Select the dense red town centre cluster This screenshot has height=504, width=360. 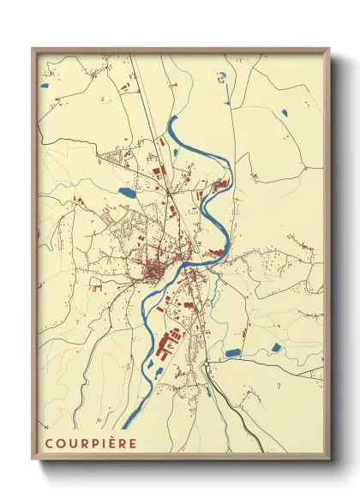[154, 273]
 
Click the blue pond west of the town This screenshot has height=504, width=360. [127, 192]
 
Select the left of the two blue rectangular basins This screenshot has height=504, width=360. [233, 352]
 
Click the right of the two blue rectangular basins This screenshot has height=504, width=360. [274, 346]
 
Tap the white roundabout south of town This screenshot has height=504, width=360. [206, 366]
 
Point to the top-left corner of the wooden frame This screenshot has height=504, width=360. [33, 49]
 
